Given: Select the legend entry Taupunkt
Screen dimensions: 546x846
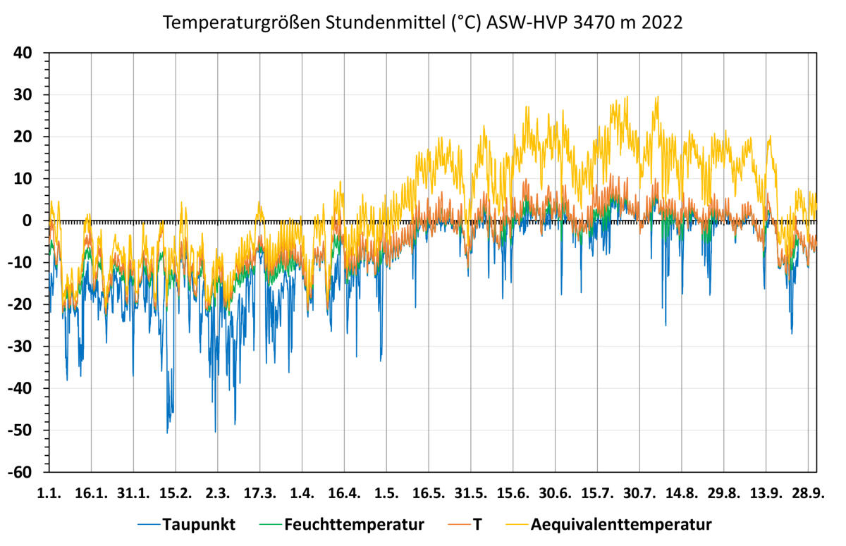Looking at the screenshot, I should [x=199, y=524].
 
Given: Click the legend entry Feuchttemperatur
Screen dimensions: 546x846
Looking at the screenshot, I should [x=354, y=524].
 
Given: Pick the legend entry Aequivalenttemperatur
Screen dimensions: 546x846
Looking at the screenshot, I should [x=621, y=524].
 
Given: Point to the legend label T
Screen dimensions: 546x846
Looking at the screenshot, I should [x=477, y=524].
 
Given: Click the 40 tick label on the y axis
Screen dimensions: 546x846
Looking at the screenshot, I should [x=32, y=53].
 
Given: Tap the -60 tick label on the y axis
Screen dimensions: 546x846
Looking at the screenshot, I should [x=29, y=472].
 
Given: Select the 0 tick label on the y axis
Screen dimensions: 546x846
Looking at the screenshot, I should [x=37, y=221].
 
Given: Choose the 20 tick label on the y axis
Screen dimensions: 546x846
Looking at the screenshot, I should [x=32, y=137].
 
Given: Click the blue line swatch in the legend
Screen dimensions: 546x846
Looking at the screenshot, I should [x=148, y=525].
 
